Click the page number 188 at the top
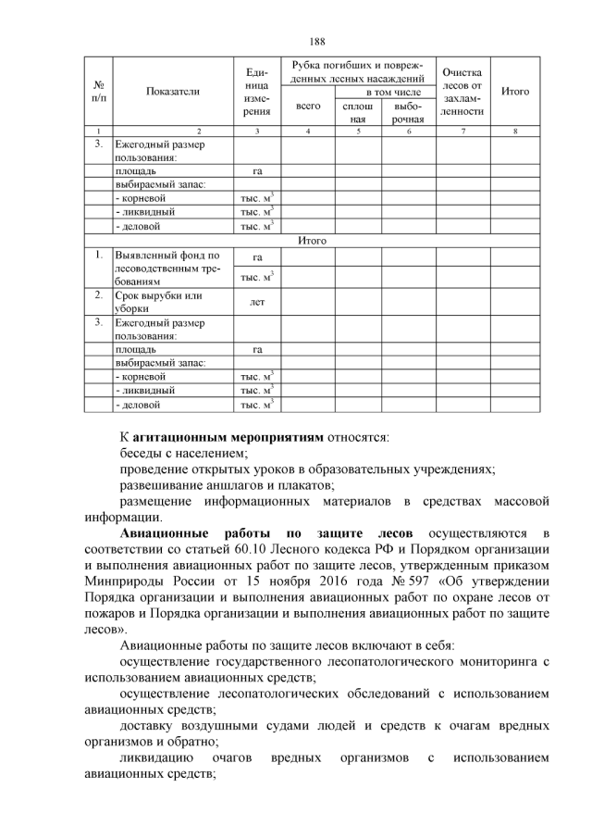317,41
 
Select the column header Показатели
172,92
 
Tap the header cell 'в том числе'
381,93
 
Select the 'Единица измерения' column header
257,92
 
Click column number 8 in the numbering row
515,131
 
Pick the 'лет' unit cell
257,302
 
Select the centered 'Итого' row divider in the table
314,240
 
